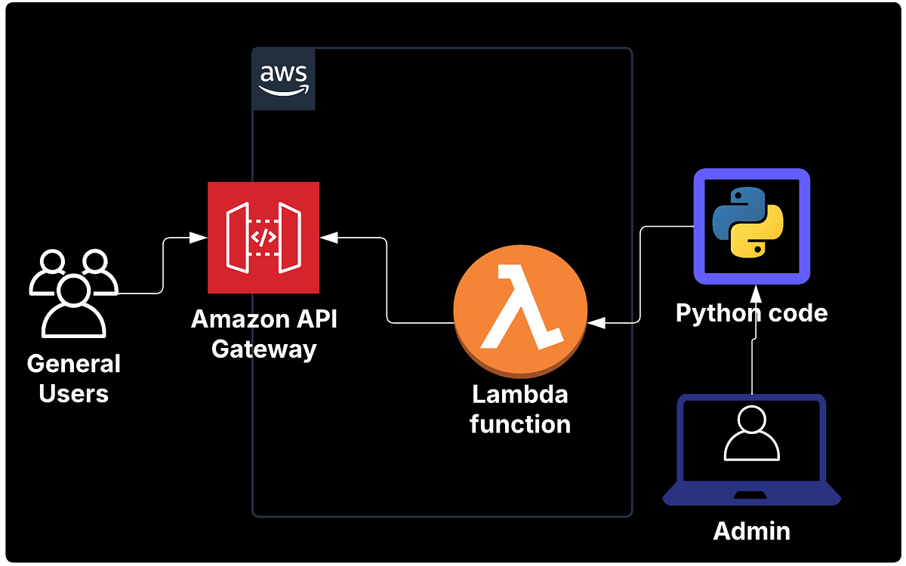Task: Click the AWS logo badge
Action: coord(283,79)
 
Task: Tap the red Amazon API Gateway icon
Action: coord(263,238)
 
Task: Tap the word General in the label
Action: coord(73,364)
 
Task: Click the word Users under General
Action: coord(73,393)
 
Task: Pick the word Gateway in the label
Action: coord(263,349)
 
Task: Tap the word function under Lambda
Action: coord(519,423)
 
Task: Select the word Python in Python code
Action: coord(710,312)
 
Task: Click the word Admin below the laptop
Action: coord(751,531)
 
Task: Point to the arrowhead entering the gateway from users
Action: coord(199,238)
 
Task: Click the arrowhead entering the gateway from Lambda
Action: coord(328,238)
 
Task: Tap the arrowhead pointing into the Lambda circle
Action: coord(596,323)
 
